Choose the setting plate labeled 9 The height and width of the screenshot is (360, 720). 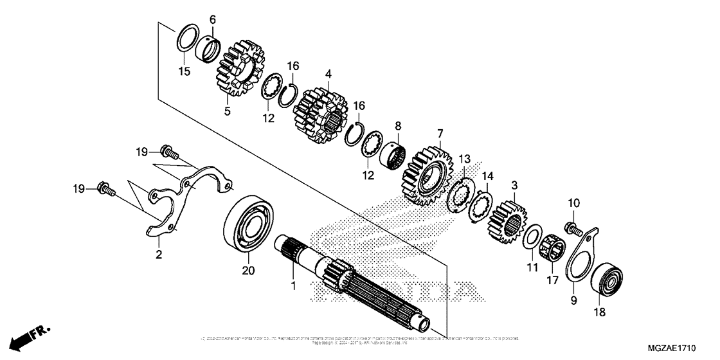[x=582, y=258]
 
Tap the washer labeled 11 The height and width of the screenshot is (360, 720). [x=532, y=236]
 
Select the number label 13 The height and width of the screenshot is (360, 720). [x=464, y=158]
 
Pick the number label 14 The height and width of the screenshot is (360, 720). [x=489, y=175]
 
